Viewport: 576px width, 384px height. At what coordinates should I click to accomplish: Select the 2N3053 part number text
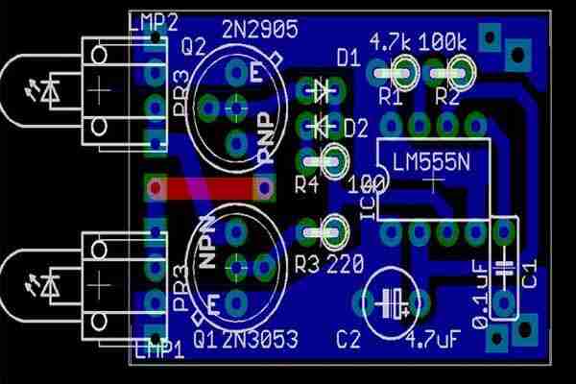tap(257, 339)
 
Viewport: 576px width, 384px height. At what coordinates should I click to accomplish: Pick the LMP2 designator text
tap(153, 21)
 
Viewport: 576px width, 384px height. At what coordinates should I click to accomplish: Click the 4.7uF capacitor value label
tap(436, 339)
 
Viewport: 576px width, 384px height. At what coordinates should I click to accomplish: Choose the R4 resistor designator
tap(306, 183)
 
